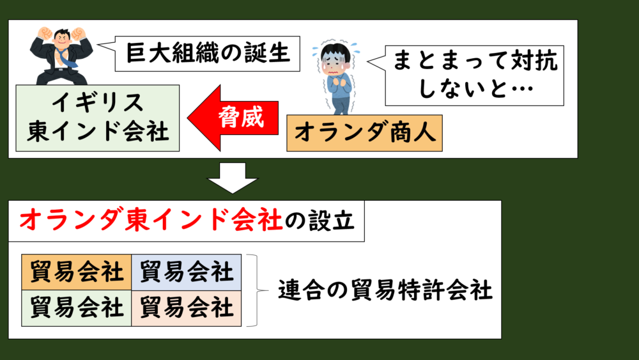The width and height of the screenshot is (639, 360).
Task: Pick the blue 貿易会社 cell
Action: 187,272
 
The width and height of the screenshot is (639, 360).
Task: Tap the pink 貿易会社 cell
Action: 187,308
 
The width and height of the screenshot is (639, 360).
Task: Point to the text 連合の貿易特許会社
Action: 385,291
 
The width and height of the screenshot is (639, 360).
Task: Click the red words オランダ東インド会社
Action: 151,221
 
